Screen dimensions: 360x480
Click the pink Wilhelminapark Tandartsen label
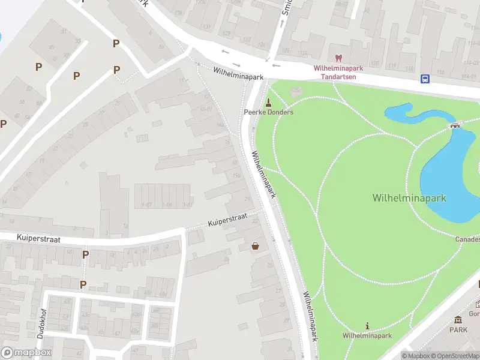tap(338, 72)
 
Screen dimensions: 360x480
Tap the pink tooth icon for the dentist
tap(338, 58)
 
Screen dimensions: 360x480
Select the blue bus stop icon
tap(425, 79)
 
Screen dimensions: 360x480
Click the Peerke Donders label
tap(268, 112)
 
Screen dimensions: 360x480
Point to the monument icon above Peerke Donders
tap(268, 101)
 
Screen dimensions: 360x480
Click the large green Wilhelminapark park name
tap(409, 197)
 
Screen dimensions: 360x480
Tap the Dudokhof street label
tap(41, 325)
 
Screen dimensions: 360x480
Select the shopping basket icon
tap(256, 245)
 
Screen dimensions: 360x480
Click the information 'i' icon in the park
tap(367, 326)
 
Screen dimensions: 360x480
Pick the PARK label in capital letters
tap(458, 329)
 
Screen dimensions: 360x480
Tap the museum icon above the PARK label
tap(458, 319)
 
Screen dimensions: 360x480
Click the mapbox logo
tap(26, 353)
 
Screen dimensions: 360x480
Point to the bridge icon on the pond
tap(455, 125)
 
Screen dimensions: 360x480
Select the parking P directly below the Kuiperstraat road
tap(85, 254)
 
